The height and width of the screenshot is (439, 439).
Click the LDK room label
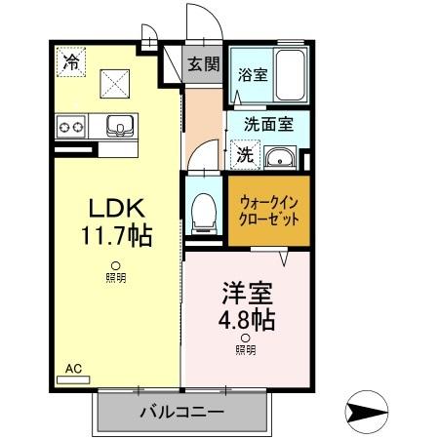118,208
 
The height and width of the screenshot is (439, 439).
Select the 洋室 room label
245,294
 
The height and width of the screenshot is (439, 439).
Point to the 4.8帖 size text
245,319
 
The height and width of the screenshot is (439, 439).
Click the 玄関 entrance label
204,65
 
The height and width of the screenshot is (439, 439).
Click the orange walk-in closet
268,209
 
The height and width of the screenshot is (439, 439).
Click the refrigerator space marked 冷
70,61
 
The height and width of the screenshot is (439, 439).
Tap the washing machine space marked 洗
245,154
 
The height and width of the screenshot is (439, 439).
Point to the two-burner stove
71,125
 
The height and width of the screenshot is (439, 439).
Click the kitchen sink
121,125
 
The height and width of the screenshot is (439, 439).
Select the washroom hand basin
281,156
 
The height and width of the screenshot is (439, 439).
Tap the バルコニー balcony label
181,412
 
